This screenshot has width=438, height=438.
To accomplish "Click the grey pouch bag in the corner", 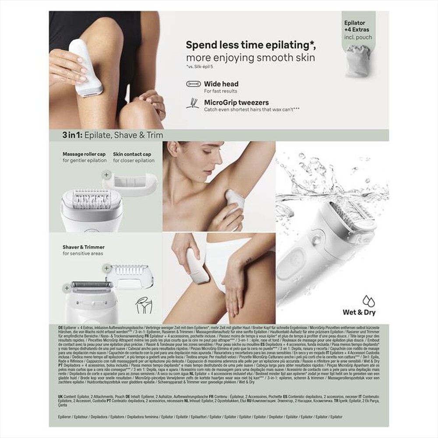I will (x=358, y=60).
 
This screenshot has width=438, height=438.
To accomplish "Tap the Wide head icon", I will (x=193, y=84).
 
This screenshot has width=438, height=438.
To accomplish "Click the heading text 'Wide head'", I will (x=221, y=84).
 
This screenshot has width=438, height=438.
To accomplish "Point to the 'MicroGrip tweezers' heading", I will (x=237, y=102).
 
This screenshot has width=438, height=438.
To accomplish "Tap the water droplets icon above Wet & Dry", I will (x=368, y=301).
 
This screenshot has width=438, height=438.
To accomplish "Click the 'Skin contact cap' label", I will (x=132, y=154).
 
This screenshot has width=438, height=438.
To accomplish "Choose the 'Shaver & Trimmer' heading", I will (x=83, y=247).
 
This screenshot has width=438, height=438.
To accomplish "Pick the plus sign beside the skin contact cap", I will (x=106, y=174).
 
